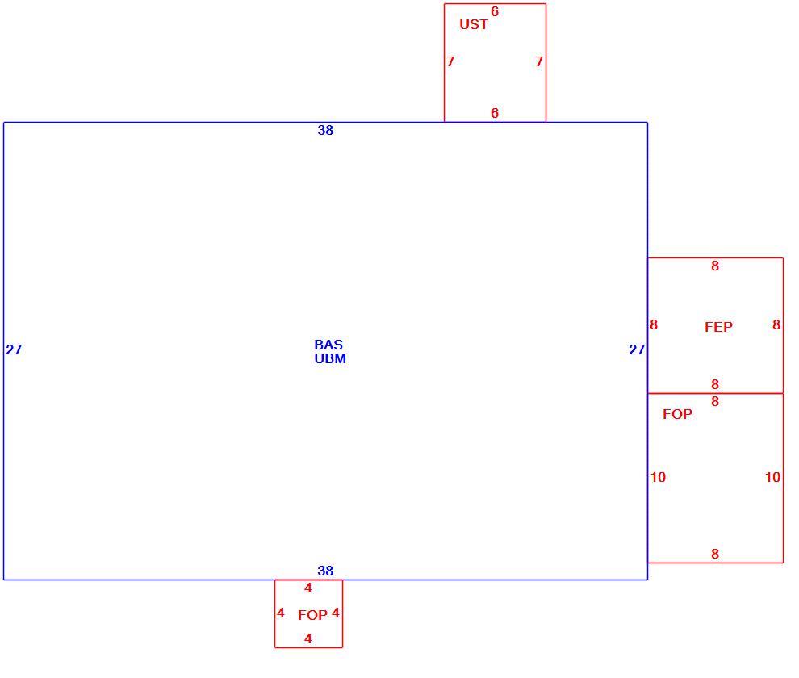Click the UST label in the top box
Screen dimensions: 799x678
[474, 24]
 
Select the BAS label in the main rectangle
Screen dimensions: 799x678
[328, 345]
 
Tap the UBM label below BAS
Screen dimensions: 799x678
[330, 359]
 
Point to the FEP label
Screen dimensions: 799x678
[718, 327]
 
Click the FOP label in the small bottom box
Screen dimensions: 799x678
[312, 615]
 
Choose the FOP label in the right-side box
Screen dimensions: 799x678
[677, 414]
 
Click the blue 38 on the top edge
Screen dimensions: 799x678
[325, 131]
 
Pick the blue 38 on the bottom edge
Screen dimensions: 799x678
[325, 571]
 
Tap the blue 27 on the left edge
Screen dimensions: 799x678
[14, 349]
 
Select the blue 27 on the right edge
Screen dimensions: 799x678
[637, 349]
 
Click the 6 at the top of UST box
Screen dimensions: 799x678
[494, 12]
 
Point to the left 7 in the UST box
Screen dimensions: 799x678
[450, 61]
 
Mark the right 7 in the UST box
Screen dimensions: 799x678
[539, 61]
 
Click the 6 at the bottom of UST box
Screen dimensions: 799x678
[494, 113]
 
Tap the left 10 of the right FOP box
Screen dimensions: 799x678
[658, 477]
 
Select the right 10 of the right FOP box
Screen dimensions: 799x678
[772, 477]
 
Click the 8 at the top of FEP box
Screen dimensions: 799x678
[715, 266]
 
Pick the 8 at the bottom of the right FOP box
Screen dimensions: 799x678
[715, 555]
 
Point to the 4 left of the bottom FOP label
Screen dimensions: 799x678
[280, 613]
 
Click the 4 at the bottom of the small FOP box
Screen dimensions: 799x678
[307, 638]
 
